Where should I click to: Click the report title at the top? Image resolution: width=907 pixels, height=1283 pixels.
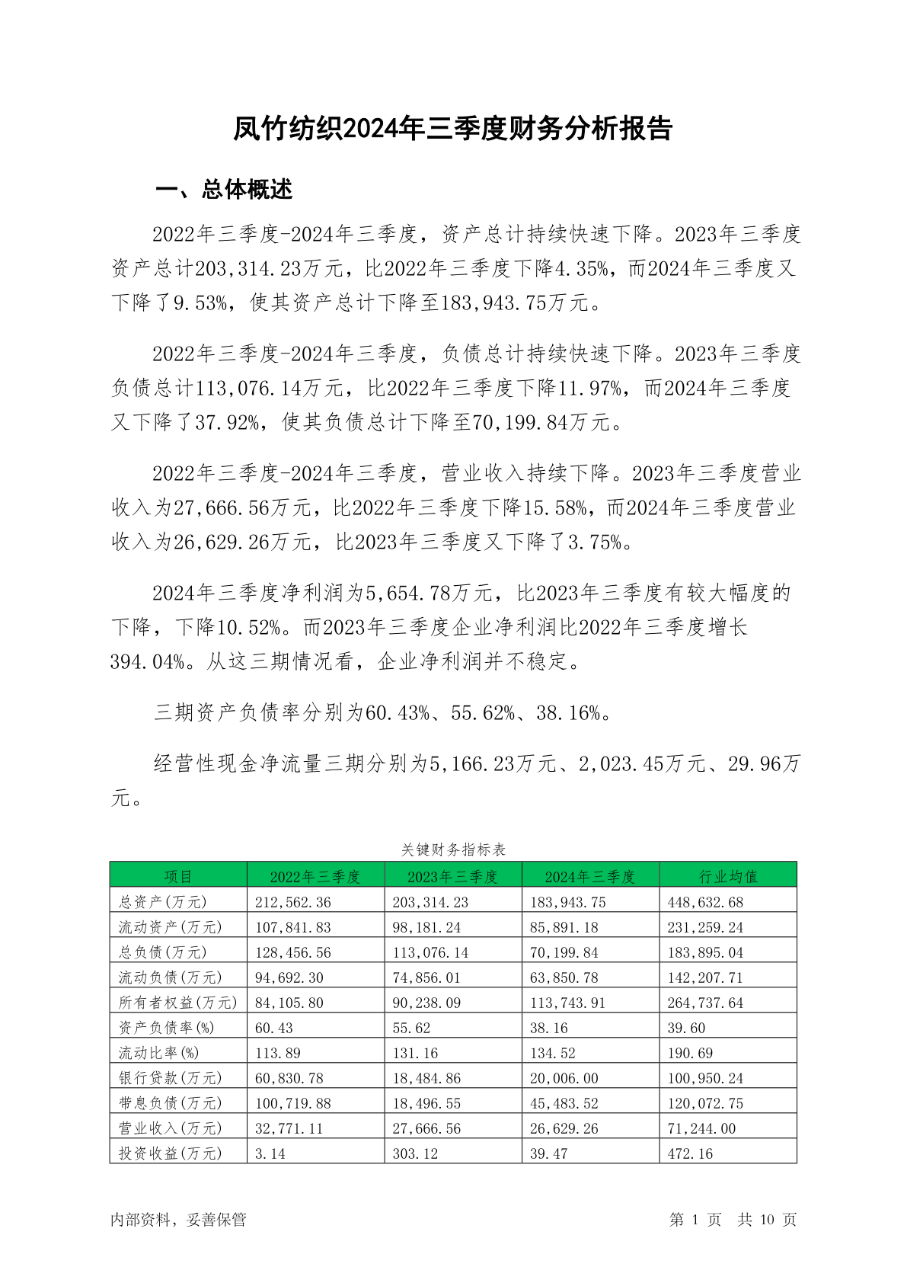(453, 129)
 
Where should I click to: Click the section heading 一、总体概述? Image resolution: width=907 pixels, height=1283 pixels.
(224, 189)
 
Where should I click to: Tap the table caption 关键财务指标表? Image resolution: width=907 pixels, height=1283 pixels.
(453, 849)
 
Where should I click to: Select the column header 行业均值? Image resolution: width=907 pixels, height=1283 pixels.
(727, 876)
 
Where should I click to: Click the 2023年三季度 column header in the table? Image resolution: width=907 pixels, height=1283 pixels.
(452, 876)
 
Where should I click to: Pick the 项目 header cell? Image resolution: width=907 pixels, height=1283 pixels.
(178, 876)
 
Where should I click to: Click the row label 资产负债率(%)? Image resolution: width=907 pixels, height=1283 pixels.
(167, 1028)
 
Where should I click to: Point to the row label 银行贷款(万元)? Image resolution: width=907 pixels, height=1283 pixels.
(170, 1078)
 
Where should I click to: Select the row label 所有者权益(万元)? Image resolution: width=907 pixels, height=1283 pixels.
(177, 1003)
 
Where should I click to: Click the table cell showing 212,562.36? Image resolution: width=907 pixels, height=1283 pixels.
(293, 902)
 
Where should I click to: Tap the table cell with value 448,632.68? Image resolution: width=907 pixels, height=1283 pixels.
(705, 902)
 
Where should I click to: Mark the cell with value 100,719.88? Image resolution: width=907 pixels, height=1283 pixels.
(293, 1103)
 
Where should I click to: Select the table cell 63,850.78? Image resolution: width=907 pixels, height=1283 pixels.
(564, 977)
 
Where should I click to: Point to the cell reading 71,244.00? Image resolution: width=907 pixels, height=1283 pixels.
(701, 1128)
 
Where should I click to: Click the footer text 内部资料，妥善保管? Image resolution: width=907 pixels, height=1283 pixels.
(178, 1219)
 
